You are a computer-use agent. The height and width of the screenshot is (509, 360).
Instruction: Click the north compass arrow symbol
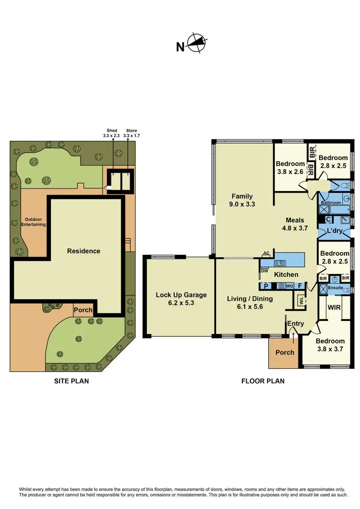196,43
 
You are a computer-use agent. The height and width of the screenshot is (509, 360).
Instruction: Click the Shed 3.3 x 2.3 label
112,133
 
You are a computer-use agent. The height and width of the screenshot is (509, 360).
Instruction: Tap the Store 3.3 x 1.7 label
131,133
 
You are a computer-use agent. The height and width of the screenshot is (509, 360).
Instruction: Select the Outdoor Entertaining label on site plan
33,222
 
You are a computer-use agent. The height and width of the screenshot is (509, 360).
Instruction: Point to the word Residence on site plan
84,251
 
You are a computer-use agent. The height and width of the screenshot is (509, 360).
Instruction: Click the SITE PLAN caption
71,381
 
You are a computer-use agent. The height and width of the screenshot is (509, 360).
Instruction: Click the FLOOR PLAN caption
263,381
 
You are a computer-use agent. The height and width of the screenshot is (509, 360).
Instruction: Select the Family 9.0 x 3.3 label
242,200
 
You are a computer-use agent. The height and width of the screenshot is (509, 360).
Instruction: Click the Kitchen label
286,274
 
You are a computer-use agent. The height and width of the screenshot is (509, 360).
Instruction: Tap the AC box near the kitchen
265,254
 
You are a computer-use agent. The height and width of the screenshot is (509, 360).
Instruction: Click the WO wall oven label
289,286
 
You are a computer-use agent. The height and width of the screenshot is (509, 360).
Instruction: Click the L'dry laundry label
335,231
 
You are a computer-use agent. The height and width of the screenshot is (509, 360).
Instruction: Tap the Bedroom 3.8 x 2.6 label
290,167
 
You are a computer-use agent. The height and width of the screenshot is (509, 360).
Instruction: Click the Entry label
295,324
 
